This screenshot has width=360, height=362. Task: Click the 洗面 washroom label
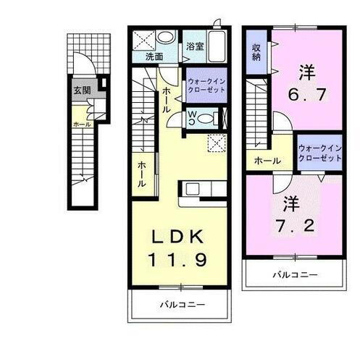pos(154,55)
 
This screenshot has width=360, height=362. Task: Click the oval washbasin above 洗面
pos(166,38)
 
